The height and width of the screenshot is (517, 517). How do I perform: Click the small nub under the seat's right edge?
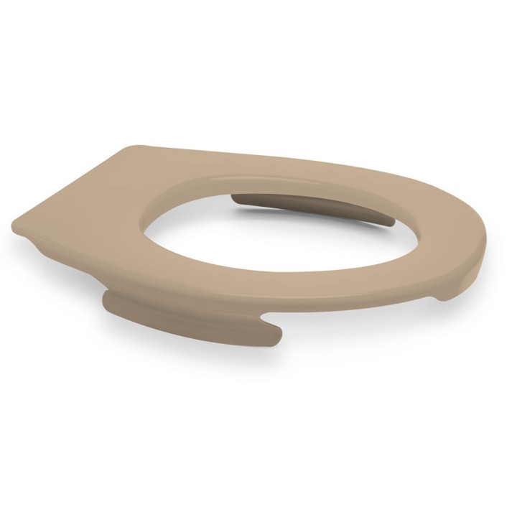(x=445, y=294)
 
